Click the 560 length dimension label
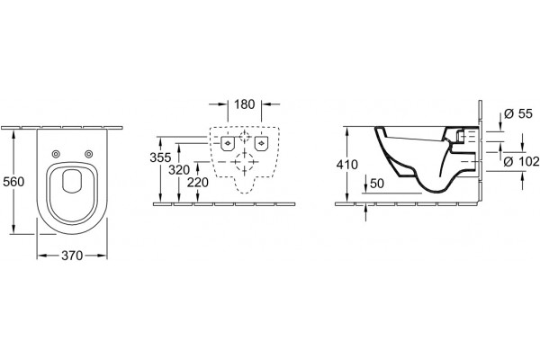(13, 182)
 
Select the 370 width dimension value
(72, 256)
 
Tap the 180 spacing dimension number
(245, 104)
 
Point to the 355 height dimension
(160, 157)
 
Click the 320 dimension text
(179, 170)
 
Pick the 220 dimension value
(198, 183)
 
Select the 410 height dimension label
(347, 165)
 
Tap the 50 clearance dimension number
(377, 184)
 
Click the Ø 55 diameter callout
(518, 113)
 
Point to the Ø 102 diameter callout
(521, 161)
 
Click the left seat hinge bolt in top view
(56, 154)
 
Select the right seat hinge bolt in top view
(88, 154)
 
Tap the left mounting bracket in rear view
(228, 143)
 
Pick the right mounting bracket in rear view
(262, 143)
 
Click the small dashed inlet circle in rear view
(245, 137)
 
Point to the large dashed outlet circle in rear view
(245, 162)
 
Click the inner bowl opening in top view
(72, 181)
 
